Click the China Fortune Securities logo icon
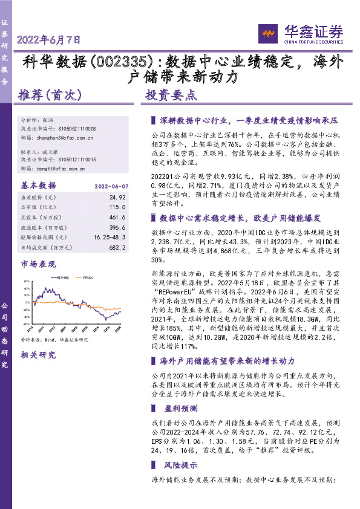point(267,31)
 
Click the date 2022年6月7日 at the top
point(49,41)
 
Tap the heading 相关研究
point(38,355)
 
